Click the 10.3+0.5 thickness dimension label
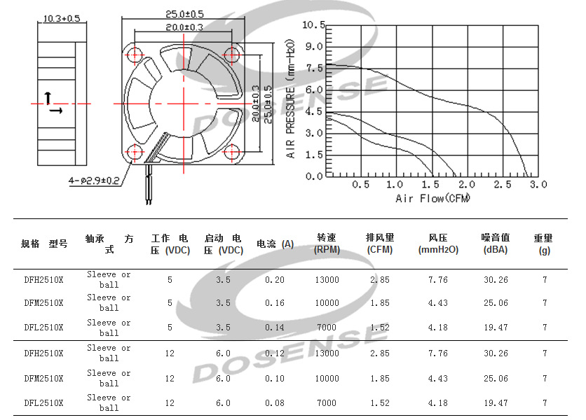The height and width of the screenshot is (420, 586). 62,18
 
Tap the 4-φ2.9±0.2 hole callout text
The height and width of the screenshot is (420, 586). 94,181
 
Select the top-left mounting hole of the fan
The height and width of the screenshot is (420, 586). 134,55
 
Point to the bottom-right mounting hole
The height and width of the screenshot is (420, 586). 232,152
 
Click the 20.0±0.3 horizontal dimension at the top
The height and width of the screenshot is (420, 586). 184,27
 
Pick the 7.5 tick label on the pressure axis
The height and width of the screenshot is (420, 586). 314,69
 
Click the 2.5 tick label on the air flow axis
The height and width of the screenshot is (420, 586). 503,184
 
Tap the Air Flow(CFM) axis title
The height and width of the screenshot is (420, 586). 432,198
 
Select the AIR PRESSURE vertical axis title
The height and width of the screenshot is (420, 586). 290,99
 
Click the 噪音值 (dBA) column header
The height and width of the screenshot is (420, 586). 496,244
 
